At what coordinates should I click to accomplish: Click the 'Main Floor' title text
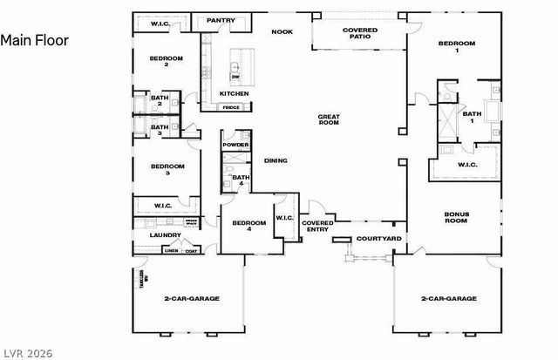point(34,40)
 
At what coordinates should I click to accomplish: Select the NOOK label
point(281,31)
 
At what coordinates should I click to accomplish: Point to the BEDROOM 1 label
point(457,47)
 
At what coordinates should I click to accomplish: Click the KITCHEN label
point(234,93)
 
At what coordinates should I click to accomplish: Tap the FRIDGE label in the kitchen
point(231,107)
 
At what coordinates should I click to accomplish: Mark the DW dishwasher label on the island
point(235,78)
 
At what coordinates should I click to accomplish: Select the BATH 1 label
point(472,118)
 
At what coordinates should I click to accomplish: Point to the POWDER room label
point(235,145)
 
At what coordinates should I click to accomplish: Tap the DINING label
point(276,160)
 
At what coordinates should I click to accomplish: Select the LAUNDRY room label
point(166,235)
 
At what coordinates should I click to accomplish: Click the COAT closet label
point(191,251)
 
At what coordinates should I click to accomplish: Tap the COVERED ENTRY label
point(317,227)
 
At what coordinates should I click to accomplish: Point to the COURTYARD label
point(380,238)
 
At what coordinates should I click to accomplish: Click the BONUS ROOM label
point(456,217)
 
